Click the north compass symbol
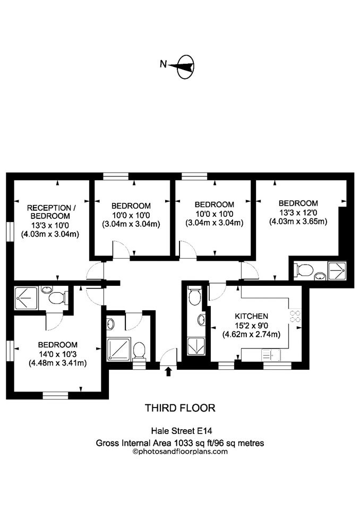[186, 67]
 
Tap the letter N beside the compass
[163, 64]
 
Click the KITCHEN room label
[251, 316]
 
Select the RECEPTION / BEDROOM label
[49, 212]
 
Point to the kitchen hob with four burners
[295, 316]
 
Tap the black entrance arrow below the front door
[168, 371]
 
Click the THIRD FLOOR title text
[180, 408]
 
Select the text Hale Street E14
[182, 431]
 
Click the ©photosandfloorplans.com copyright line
[180, 452]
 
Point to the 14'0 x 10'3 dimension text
[57, 354]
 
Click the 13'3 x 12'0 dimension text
[298, 212]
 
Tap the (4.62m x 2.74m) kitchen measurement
[251, 334]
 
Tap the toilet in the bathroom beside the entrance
[139, 350]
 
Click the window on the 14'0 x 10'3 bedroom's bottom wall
[55, 395]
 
